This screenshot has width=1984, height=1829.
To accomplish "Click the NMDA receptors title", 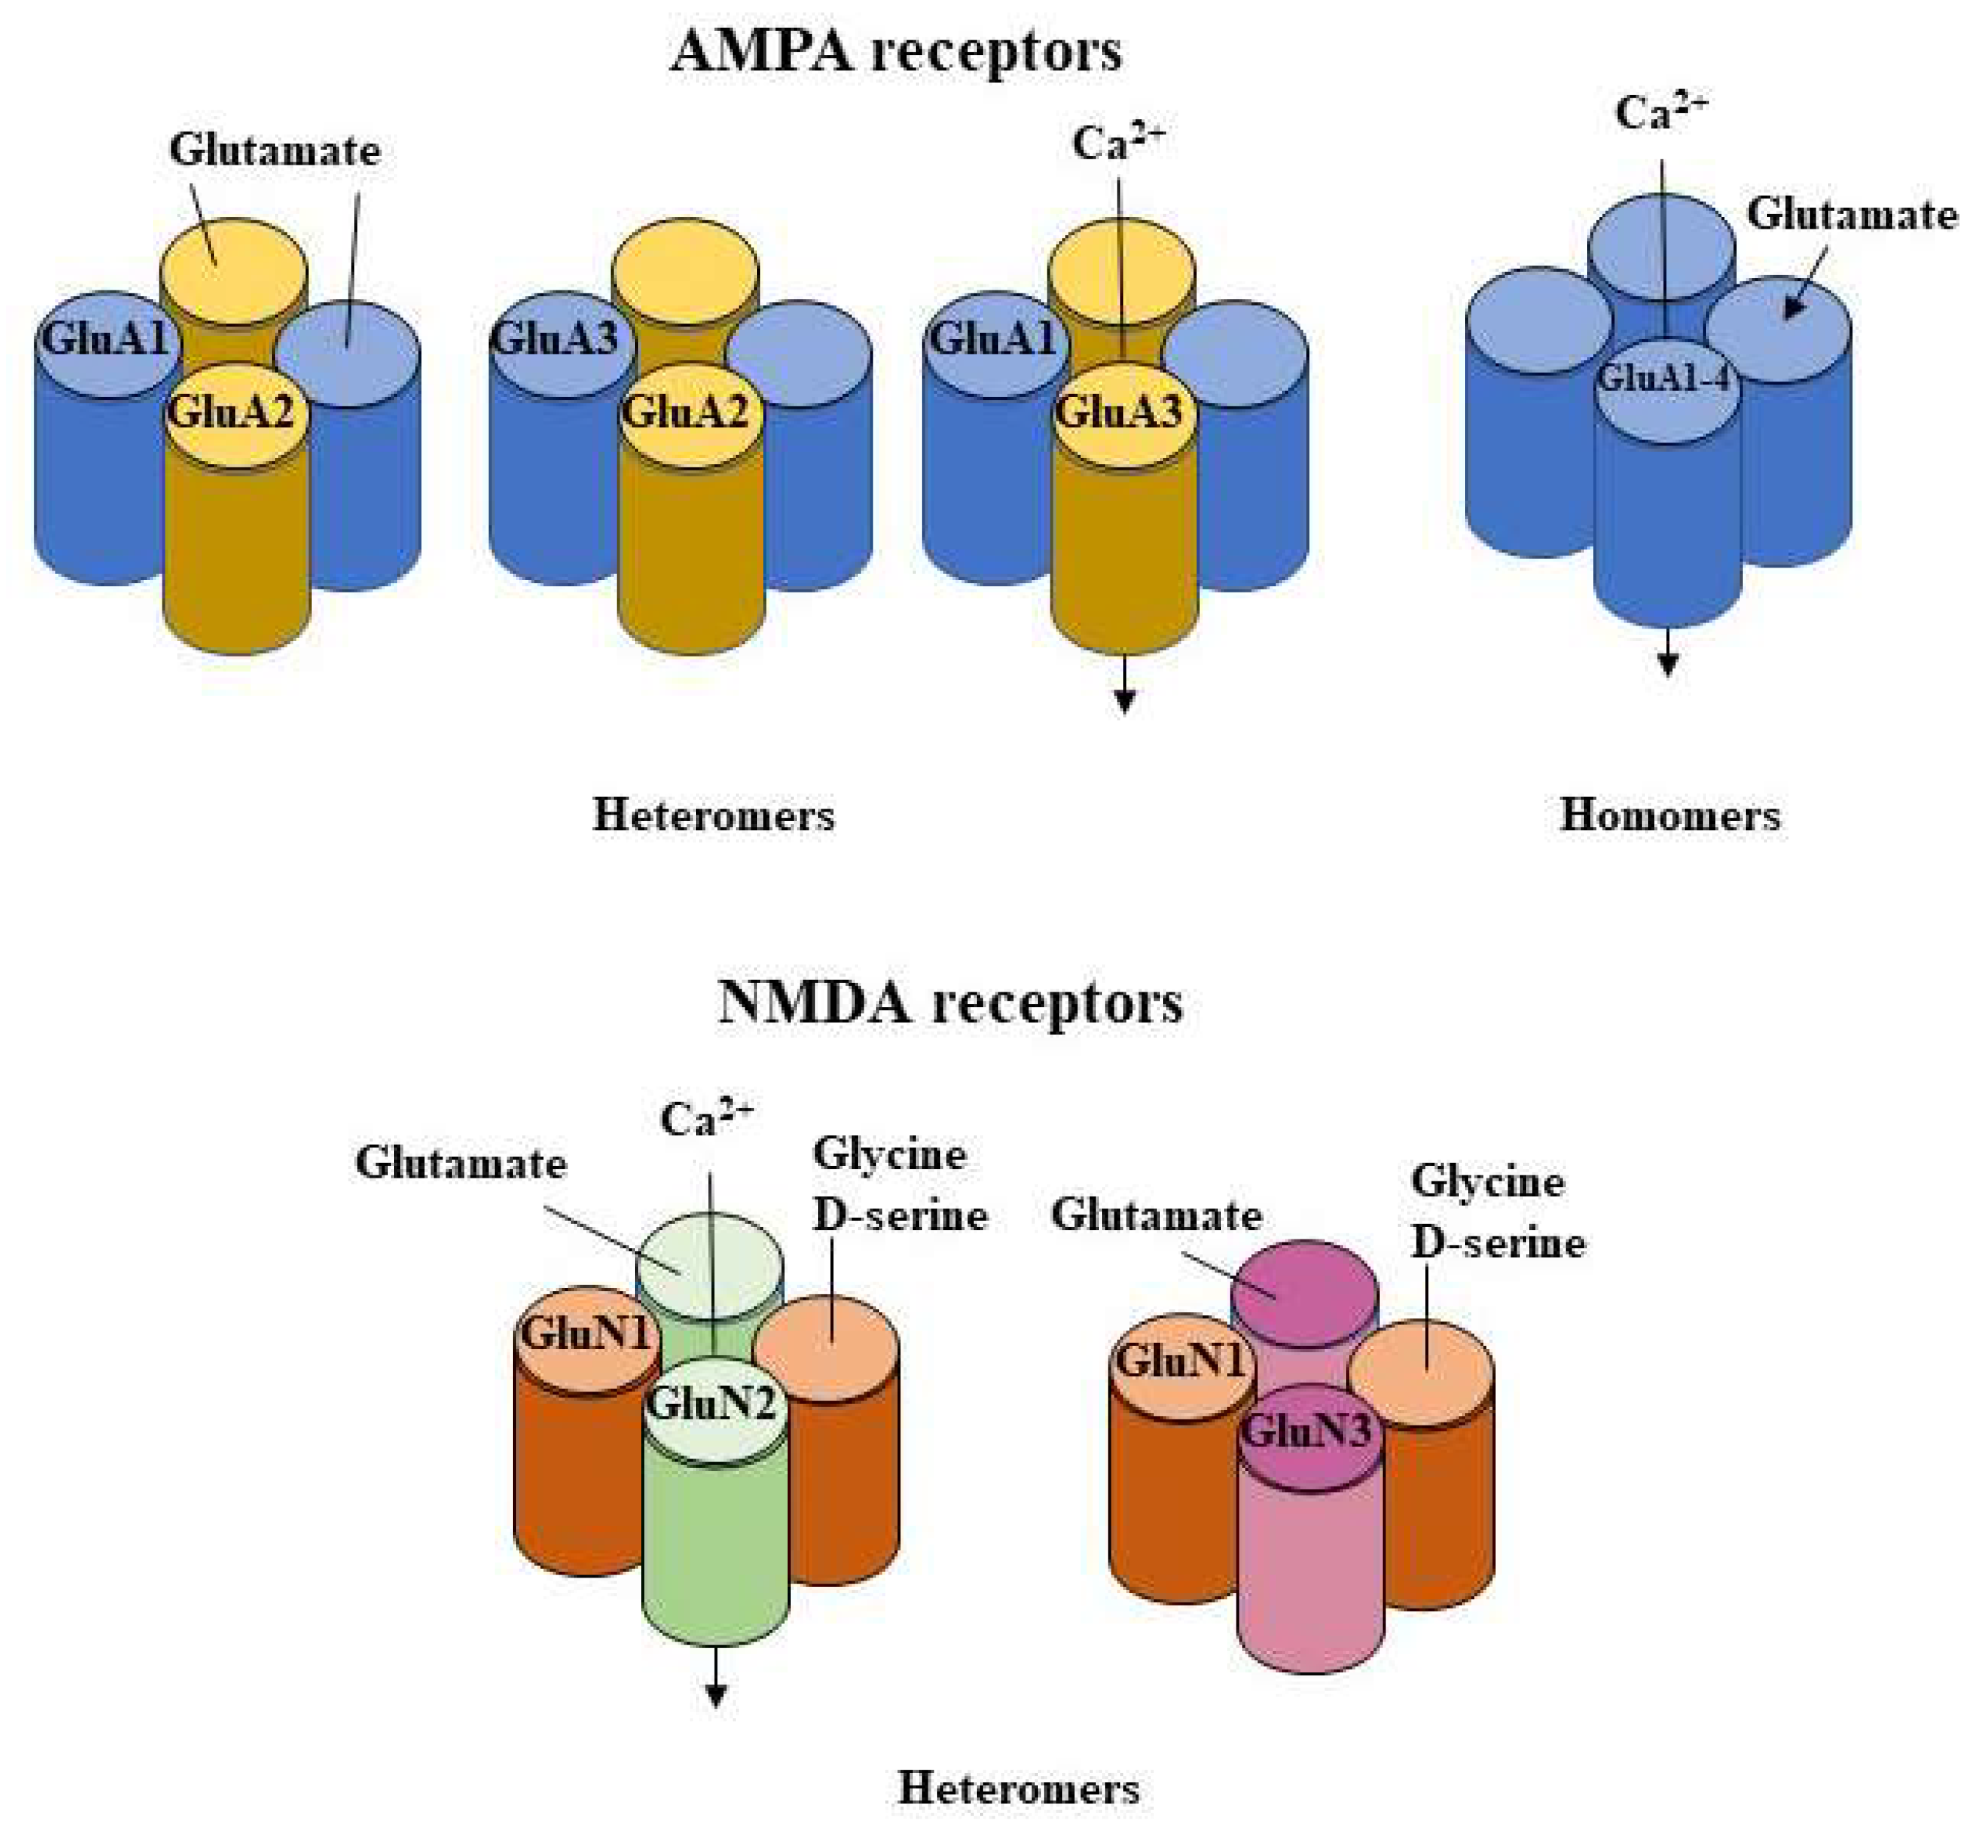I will [949, 1003].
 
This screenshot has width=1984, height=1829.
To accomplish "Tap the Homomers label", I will [1669, 815].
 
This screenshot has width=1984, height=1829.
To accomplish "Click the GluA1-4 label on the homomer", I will [1666, 378].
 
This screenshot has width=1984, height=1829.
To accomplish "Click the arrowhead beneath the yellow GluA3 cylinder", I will [1124, 701].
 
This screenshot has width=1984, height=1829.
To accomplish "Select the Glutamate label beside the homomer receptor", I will [1852, 215].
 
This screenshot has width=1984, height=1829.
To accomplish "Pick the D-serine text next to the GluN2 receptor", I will [900, 1215].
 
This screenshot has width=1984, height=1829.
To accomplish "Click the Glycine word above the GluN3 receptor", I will [1486, 1181].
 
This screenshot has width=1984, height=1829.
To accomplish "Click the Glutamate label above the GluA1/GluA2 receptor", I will [274, 151].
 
